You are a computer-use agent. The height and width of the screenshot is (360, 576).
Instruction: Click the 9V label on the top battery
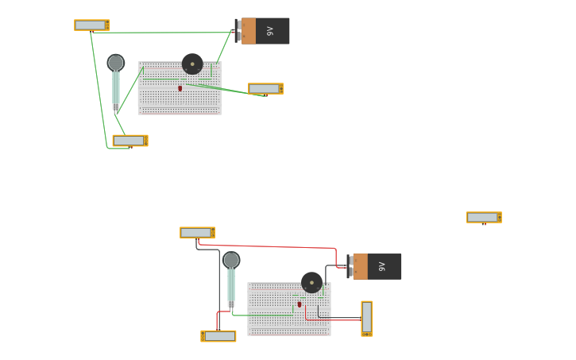pos(270,31)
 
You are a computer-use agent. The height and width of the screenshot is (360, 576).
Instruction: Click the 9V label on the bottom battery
pos(382,266)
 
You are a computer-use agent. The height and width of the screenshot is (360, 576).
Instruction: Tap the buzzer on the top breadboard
pos(192,64)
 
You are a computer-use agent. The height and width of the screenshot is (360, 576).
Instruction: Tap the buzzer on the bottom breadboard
pos(311,282)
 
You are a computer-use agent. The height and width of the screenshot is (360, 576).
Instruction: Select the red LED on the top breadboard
pos(180,88)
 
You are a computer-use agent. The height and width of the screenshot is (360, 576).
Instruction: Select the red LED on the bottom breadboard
pos(300,304)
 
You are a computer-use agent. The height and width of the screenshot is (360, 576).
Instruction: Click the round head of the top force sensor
pos(116,62)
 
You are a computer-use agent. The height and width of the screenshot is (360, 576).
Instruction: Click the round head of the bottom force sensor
pos(231,260)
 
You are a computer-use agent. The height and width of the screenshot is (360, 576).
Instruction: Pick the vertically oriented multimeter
pos(366,318)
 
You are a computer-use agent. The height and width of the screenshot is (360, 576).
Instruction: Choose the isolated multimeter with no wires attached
pos(483,217)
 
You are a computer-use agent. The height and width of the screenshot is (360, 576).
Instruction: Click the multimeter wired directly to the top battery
pos(91,25)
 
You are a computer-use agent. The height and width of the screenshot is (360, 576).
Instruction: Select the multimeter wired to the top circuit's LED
pos(265,88)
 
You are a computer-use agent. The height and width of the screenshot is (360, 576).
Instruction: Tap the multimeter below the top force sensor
pos(130,141)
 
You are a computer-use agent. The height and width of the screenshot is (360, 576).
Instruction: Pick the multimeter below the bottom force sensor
pos(218,336)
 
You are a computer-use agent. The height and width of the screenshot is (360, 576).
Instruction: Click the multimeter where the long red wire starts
pos(197,233)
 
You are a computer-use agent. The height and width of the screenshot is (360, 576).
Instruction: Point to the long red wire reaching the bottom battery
pos(278,247)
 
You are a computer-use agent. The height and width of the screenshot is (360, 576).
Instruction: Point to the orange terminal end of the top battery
pos(248,31)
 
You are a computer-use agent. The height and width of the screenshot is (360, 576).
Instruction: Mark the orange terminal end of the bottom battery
pos(360,266)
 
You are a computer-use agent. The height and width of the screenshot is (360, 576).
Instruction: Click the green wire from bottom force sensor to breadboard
pos(262,315)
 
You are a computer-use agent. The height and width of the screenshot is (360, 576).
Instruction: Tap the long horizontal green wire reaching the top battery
pos(159,33)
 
